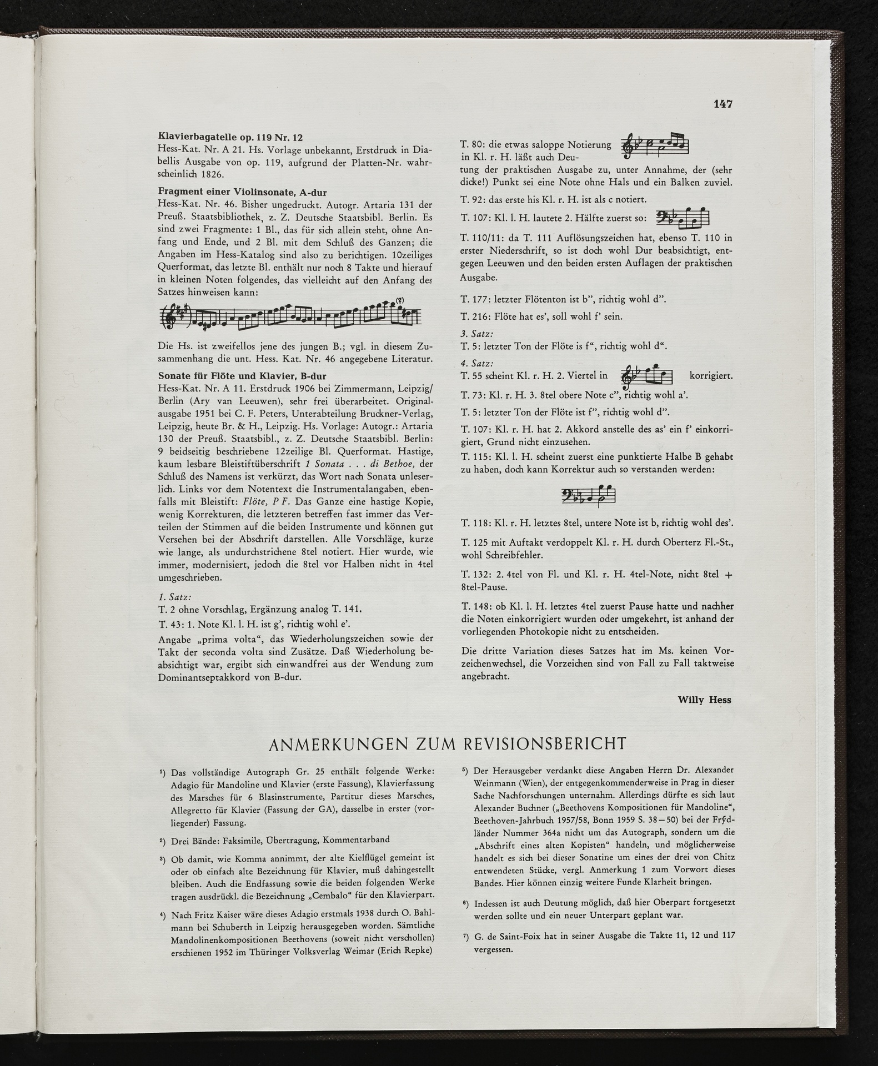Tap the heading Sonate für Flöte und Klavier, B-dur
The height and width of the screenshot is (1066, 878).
pos(242,375)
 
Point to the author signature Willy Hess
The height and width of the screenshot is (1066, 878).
pos(704,700)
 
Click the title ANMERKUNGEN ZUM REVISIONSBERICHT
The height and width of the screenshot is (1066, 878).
pos(447,743)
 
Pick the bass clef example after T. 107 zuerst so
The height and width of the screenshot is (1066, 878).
pos(683,217)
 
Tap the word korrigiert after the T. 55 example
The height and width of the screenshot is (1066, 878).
pos(711,376)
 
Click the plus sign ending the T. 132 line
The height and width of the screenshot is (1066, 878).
pos(728,576)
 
